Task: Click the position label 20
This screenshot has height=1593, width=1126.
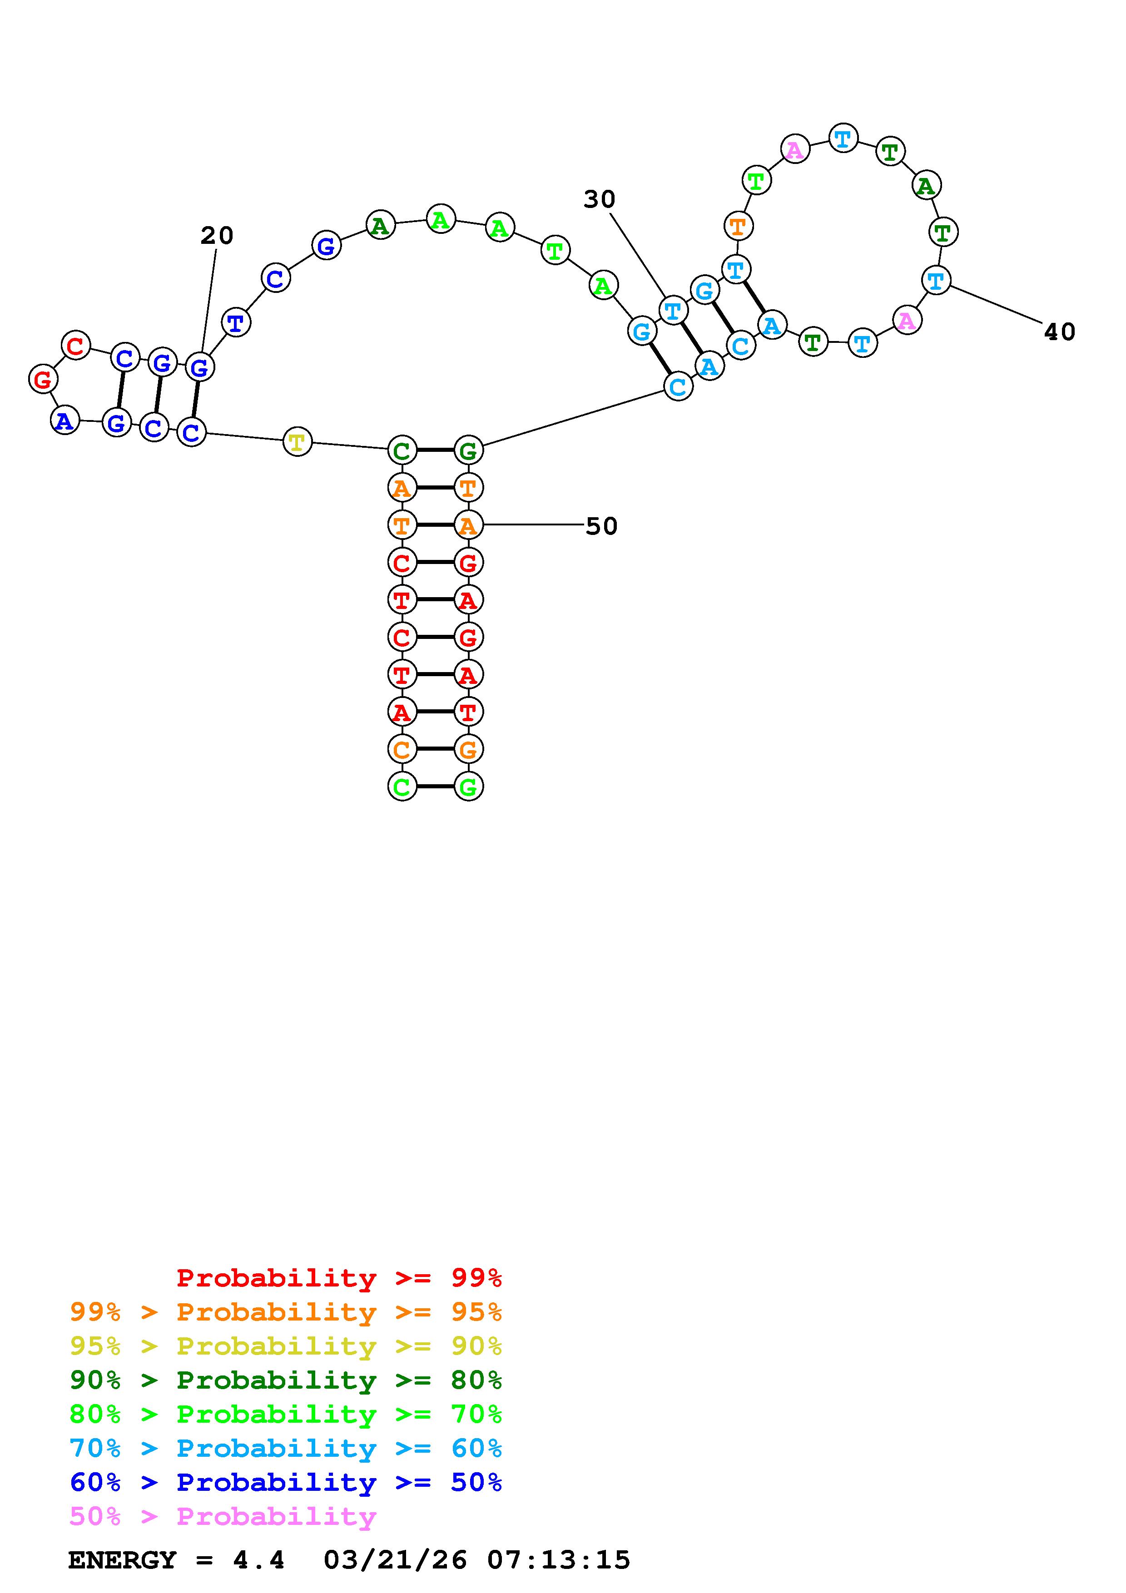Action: [217, 236]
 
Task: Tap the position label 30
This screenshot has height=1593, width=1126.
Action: [600, 200]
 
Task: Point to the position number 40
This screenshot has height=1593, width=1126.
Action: [1059, 332]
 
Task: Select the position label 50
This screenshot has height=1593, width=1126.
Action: [601, 527]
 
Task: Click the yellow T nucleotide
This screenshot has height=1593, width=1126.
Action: [297, 442]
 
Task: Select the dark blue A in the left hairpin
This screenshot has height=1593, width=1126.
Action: [64, 421]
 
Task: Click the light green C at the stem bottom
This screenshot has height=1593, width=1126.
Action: [402, 787]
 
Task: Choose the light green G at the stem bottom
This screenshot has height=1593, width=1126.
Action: [468, 787]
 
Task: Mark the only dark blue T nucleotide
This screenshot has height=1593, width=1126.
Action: [236, 322]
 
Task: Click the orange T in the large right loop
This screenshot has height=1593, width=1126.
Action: [738, 226]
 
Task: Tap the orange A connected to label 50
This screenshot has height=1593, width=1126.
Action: [468, 526]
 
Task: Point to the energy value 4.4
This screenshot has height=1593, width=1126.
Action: [258, 1560]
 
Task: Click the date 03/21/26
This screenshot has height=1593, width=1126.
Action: [396, 1560]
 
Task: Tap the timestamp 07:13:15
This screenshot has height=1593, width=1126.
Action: [559, 1560]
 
